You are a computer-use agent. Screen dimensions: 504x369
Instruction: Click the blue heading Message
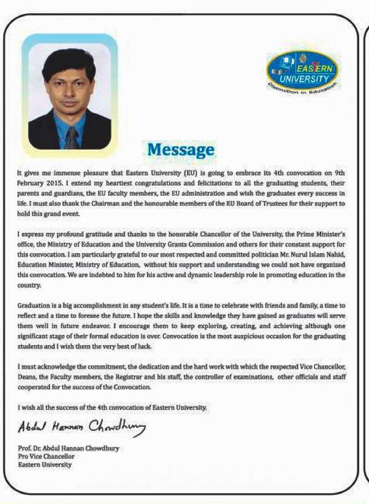180,150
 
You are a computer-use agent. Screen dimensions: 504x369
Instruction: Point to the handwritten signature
82,429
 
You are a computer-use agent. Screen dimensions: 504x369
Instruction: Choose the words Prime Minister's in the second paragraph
319,233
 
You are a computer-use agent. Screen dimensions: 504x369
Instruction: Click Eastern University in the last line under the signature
45,464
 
